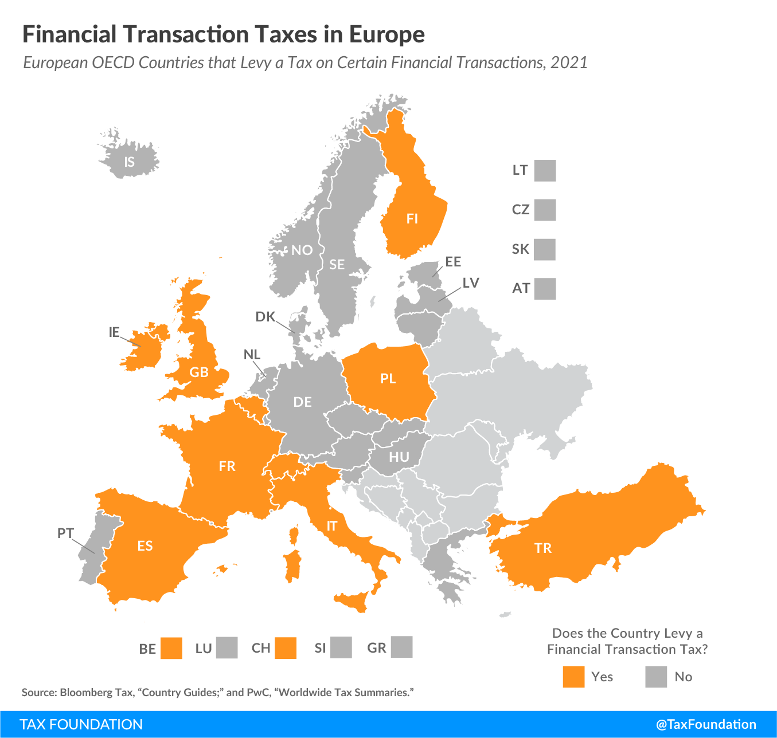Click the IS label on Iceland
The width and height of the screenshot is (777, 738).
coord(130,162)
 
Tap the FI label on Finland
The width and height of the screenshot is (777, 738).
coord(412,218)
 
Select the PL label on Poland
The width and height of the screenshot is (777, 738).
coord(388,378)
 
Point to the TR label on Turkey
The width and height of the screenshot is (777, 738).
coord(542,548)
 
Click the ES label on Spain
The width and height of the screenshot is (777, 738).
coord(145,545)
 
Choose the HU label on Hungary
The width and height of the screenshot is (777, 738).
coord(399,457)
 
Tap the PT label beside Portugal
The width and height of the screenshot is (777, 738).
coord(65,533)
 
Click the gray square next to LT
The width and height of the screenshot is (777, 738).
coord(545,171)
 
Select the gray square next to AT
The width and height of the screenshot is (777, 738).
coord(545,289)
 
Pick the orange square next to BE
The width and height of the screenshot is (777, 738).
coord(171,648)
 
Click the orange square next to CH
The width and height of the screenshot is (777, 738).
coord(286,648)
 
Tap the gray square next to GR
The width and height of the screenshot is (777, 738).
coord(401,647)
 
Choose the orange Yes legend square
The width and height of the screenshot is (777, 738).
coord(573,677)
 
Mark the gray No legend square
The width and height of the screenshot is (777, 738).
coord(656,677)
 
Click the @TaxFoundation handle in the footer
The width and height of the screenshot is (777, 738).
coord(706,724)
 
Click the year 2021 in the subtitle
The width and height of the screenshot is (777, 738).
coord(569,62)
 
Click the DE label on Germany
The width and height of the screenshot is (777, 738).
coord(302,402)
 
